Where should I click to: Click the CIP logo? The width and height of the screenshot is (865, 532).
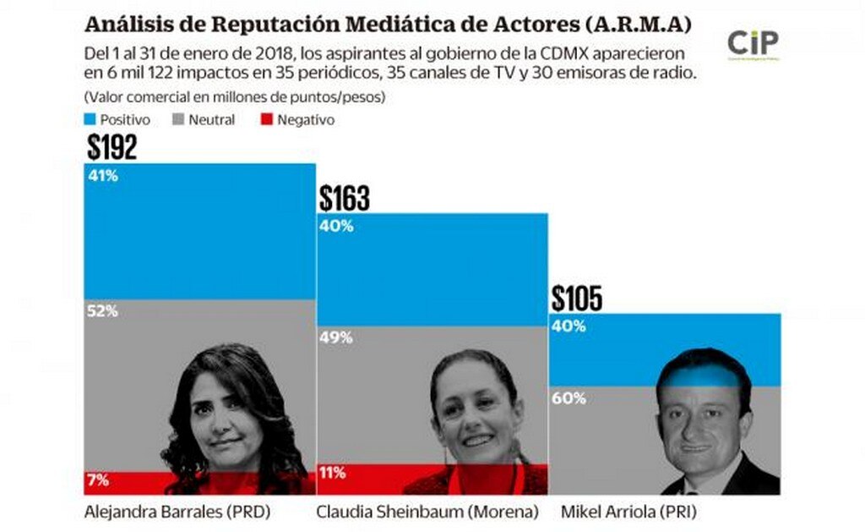(753, 43)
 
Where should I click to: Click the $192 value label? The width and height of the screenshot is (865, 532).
(112, 148)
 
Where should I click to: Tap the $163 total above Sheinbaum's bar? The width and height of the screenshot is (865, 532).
(344, 199)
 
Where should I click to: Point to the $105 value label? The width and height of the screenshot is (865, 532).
(577, 299)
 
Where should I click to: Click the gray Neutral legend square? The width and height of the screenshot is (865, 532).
(177, 120)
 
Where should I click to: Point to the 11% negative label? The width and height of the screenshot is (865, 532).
(332, 473)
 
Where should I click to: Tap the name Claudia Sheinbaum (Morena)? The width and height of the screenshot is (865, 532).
(427, 512)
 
